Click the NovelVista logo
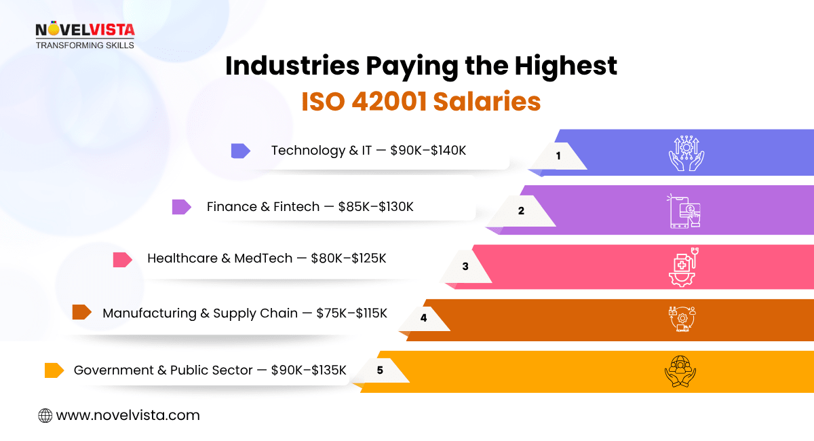click(x=85, y=35)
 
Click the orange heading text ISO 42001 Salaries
click(x=421, y=101)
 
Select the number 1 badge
click(x=558, y=155)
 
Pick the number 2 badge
click(x=521, y=210)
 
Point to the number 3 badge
click(x=465, y=267)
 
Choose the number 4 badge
click(x=423, y=317)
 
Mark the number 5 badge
click(x=380, y=370)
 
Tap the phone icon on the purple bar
click(x=684, y=210)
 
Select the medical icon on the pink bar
click(x=682, y=267)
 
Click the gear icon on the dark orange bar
click(x=682, y=319)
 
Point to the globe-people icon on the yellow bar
click(x=680, y=371)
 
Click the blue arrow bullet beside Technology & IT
click(x=240, y=151)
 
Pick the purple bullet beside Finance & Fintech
click(x=181, y=207)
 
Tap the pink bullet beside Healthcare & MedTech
click(x=122, y=259)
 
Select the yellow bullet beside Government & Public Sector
click(x=54, y=370)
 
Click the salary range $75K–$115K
click(x=351, y=313)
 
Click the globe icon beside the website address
click(x=45, y=415)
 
